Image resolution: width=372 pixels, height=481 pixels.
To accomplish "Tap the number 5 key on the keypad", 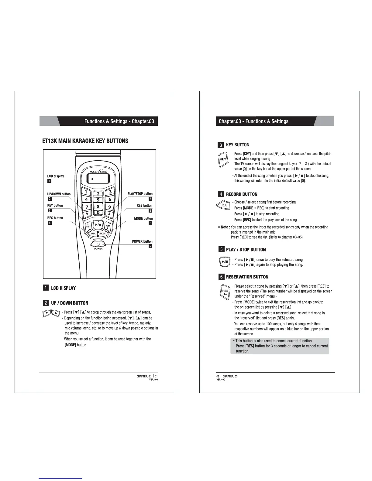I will click(98, 200).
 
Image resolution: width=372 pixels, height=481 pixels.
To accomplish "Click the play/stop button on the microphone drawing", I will click(98, 225).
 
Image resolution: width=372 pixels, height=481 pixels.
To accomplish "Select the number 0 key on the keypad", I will click(98, 213).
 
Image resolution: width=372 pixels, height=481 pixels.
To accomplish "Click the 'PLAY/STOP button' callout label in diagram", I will click(140, 194).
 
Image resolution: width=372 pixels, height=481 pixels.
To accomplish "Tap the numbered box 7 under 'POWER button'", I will click(150, 246).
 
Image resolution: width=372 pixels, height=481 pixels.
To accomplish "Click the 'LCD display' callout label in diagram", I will click(56, 176).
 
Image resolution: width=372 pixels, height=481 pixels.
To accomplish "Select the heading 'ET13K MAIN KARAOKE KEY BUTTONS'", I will click(85, 141).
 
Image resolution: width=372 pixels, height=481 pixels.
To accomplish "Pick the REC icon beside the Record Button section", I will click(224, 205).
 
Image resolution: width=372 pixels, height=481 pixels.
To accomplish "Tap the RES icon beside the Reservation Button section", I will click(225, 292).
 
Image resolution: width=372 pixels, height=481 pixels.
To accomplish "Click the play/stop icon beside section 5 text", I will click(224, 261).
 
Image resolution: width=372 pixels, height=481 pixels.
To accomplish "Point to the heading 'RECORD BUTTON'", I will click(242, 194).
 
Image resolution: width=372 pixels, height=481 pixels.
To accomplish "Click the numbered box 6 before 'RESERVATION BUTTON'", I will click(221, 277).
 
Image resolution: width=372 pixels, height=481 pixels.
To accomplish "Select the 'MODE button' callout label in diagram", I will click(143, 219).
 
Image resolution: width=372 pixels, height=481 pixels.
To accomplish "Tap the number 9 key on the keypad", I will click(109, 207).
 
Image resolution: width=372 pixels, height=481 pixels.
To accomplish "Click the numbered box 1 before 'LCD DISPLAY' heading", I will click(45, 288).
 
